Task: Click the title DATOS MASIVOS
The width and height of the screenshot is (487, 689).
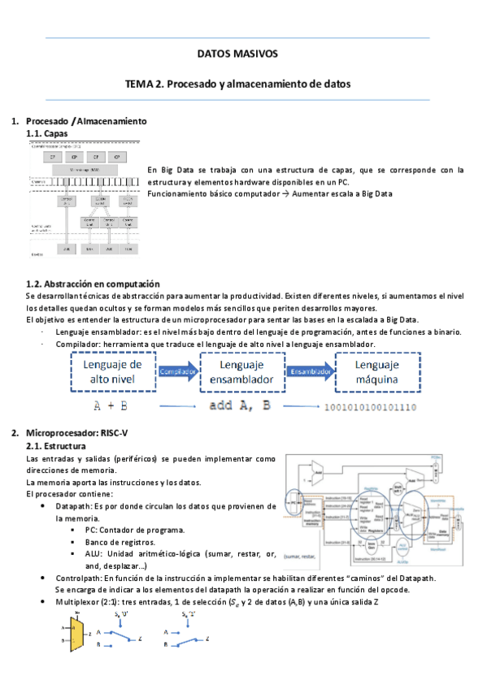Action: coord(237,54)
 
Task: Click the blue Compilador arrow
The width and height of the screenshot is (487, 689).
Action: coord(177,371)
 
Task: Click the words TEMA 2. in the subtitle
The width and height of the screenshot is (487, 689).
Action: coord(144,84)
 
